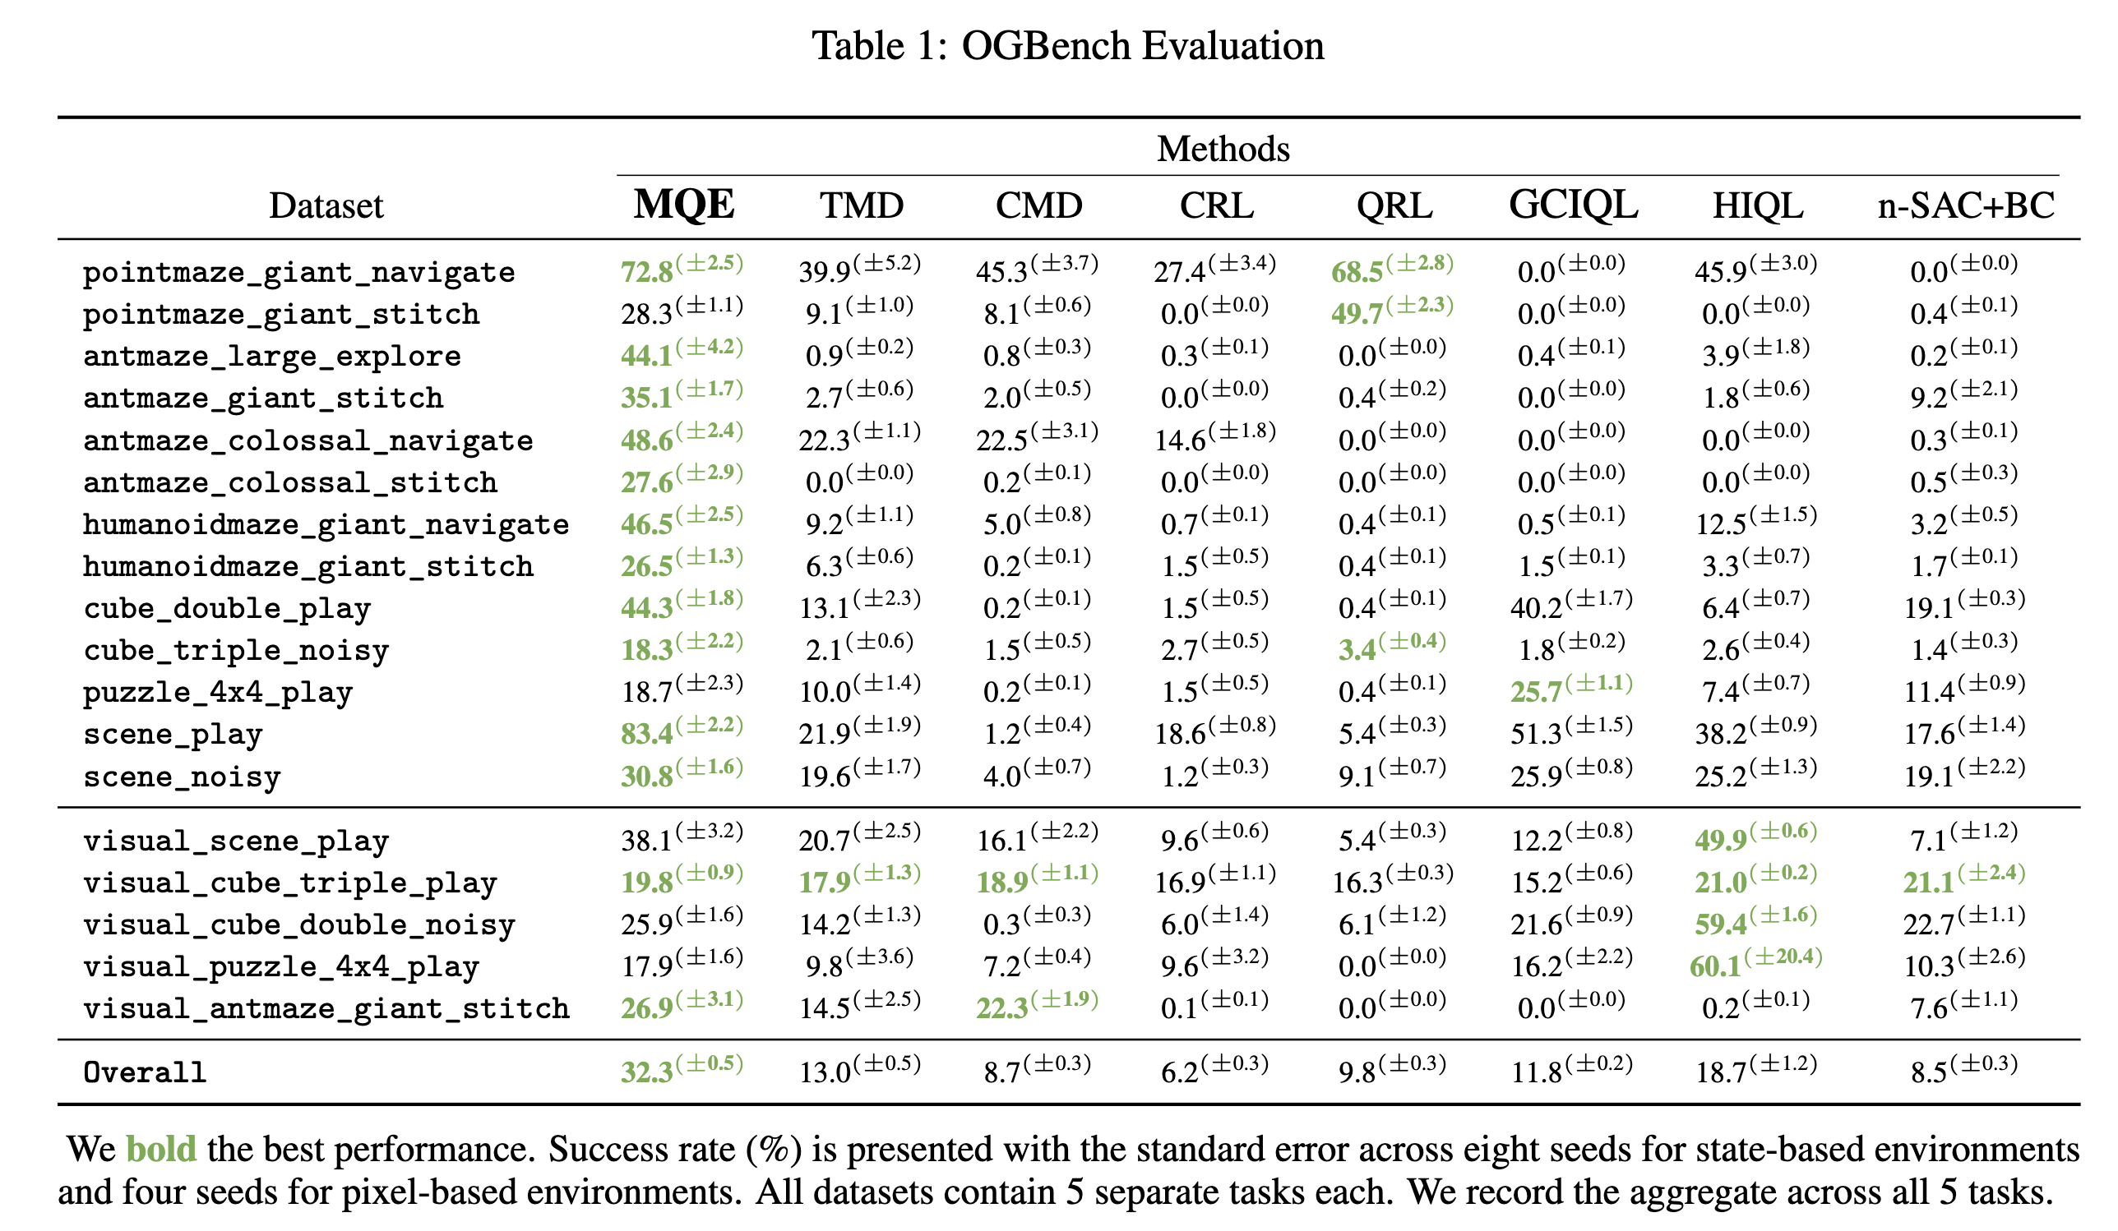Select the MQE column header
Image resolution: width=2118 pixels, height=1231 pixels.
683,204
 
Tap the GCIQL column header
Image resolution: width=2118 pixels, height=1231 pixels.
1573,204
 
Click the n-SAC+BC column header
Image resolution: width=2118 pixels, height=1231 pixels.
1965,205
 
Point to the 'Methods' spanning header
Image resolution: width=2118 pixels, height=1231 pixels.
1222,149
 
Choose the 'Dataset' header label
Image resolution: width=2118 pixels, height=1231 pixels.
326,206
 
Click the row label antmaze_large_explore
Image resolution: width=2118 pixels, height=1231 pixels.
271,357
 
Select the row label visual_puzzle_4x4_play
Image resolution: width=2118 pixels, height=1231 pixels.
280,967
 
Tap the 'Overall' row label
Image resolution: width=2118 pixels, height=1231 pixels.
145,1073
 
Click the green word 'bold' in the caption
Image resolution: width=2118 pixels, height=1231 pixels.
160,1150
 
